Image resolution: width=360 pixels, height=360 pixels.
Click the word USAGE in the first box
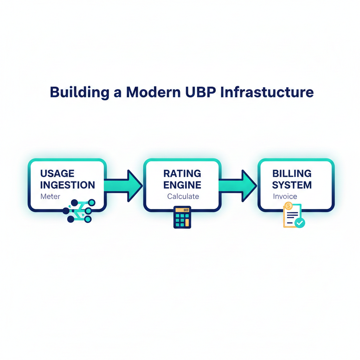(x=57, y=173)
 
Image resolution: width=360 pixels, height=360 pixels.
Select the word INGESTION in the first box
(x=67, y=185)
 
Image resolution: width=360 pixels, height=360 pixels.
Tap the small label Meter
(x=50, y=197)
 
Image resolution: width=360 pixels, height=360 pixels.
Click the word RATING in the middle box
(x=182, y=173)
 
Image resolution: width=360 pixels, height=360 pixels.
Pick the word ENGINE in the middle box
(x=182, y=185)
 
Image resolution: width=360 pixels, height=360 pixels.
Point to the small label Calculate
(x=183, y=197)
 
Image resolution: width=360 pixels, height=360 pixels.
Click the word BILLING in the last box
(x=292, y=173)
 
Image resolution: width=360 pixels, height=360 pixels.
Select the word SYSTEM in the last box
(x=292, y=185)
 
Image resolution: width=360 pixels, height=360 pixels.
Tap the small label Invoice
(x=285, y=197)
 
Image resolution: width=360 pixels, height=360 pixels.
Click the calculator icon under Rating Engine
(x=182, y=217)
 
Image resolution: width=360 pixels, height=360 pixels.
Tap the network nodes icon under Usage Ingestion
(x=79, y=211)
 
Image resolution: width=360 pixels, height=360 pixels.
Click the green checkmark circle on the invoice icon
(x=300, y=223)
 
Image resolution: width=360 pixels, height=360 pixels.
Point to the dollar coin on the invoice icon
(x=289, y=206)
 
